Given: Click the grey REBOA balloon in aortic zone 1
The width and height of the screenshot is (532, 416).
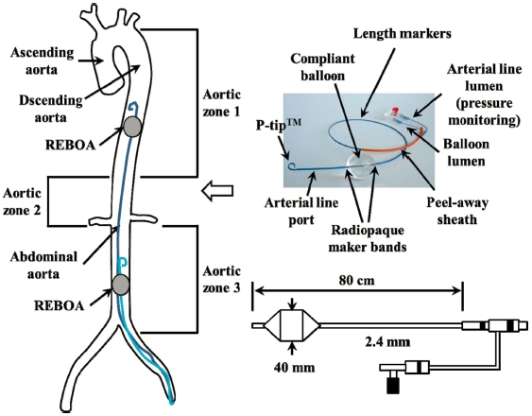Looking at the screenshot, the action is pyautogui.click(x=132, y=127).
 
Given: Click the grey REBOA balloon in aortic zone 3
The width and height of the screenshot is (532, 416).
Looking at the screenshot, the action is pyautogui.click(x=121, y=285).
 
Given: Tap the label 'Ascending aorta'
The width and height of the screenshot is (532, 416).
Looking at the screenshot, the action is pyautogui.click(x=43, y=61).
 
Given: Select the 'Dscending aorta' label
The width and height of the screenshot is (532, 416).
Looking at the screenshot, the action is pyautogui.click(x=51, y=109).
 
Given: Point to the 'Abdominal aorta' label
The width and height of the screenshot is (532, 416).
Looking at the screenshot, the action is pyautogui.click(x=43, y=266).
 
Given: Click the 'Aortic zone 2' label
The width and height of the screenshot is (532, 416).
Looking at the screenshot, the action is pyautogui.click(x=22, y=201).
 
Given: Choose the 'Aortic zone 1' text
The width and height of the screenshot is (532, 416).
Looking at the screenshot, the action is pyautogui.click(x=221, y=103).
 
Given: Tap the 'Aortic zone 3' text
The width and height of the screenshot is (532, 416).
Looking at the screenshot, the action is pyautogui.click(x=221, y=280).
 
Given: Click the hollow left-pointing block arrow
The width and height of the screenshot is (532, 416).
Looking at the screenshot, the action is pyautogui.click(x=217, y=191).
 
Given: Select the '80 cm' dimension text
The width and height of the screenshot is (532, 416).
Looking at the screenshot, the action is pyautogui.click(x=356, y=281).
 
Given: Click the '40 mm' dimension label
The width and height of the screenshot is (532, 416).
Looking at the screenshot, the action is pyautogui.click(x=295, y=367).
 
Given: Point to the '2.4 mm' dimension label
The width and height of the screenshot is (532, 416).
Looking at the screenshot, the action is pyautogui.click(x=387, y=341).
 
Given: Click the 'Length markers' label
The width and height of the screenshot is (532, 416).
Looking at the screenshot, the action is pyautogui.click(x=403, y=34).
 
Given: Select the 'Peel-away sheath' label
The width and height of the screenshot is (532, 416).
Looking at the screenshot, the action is pyautogui.click(x=457, y=211).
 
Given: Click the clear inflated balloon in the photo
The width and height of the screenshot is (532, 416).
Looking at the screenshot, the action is pyautogui.click(x=360, y=166).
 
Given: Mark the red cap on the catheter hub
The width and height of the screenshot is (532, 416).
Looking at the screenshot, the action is pyautogui.click(x=396, y=111).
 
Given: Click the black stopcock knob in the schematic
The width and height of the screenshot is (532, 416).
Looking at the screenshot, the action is pyautogui.click(x=393, y=387).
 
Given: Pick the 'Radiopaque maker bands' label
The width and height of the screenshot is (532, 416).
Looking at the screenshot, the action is pyautogui.click(x=368, y=239).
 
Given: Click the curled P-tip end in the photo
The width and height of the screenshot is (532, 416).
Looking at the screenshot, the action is pyautogui.click(x=292, y=166).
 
